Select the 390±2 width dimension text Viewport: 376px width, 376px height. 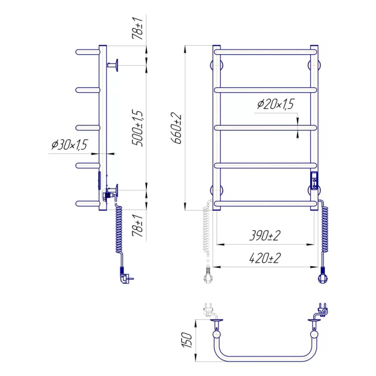(x=265, y=235)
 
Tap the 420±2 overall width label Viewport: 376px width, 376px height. (x=265, y=258)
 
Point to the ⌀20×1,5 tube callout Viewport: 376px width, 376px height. (x=276, y=104)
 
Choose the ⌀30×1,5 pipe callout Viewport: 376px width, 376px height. (x=69, y=145)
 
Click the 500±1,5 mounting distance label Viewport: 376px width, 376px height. (x=137, y=128)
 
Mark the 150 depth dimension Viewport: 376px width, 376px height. (x=187, y=340)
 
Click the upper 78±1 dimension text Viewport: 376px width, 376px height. (x=137, y=28)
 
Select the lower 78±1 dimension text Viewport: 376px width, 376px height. (x=137, y=225)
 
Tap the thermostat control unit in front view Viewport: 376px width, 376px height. (x=314, y=181)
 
